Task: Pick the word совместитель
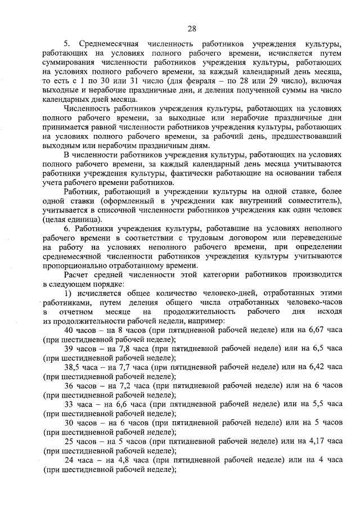tap(313, 201)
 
